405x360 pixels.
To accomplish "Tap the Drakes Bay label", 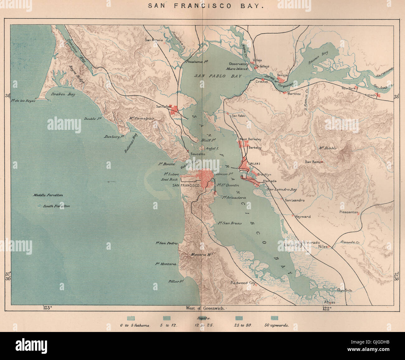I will tap(63, 94).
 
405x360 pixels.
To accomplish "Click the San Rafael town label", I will tap(164, 107).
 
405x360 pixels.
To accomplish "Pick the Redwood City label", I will tap(243, 283).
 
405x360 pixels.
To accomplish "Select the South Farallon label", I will tap(56, 206).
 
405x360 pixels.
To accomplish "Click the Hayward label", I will tap(303, 216).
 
